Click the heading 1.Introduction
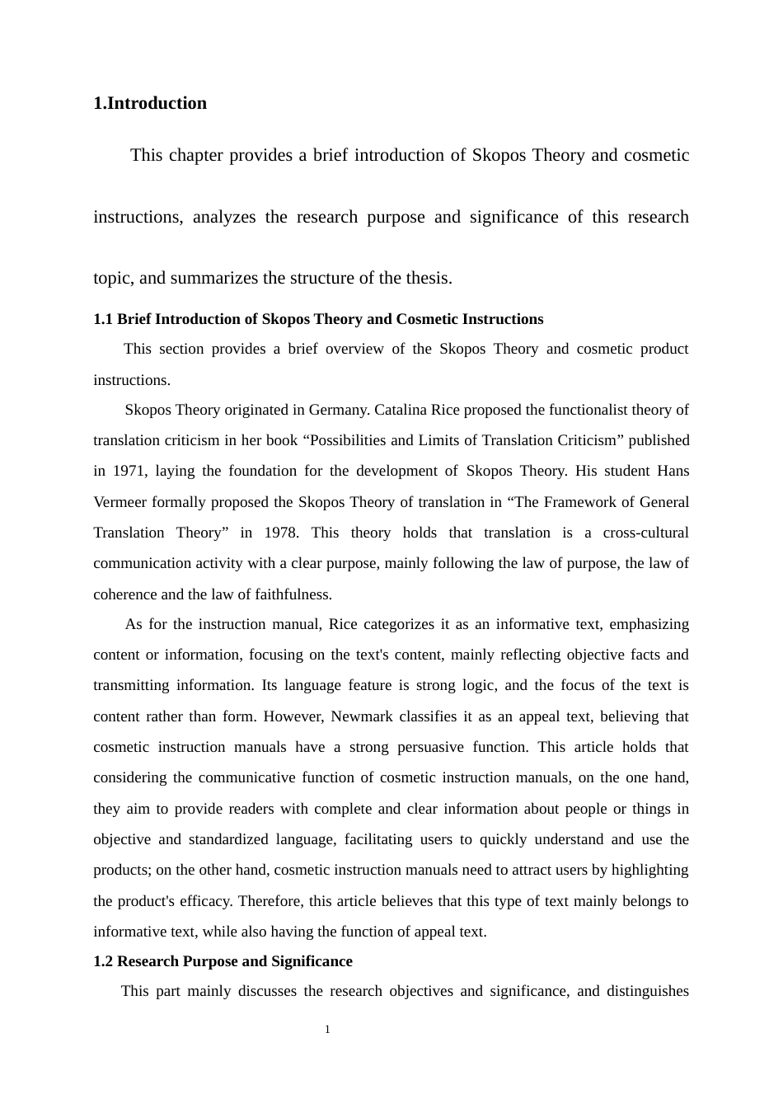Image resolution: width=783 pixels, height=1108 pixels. tap(150, 103)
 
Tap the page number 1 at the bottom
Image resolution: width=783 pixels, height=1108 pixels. tap(327, 1029)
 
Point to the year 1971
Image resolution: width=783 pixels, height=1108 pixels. tap(128, 471)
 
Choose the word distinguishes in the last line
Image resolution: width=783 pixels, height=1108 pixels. tap(647, 991)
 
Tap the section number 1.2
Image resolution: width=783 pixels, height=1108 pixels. tap(103, 961)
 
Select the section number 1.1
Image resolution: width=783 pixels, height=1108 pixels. tap(103, 319)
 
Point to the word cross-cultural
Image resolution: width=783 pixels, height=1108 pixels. tap(645, 533)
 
